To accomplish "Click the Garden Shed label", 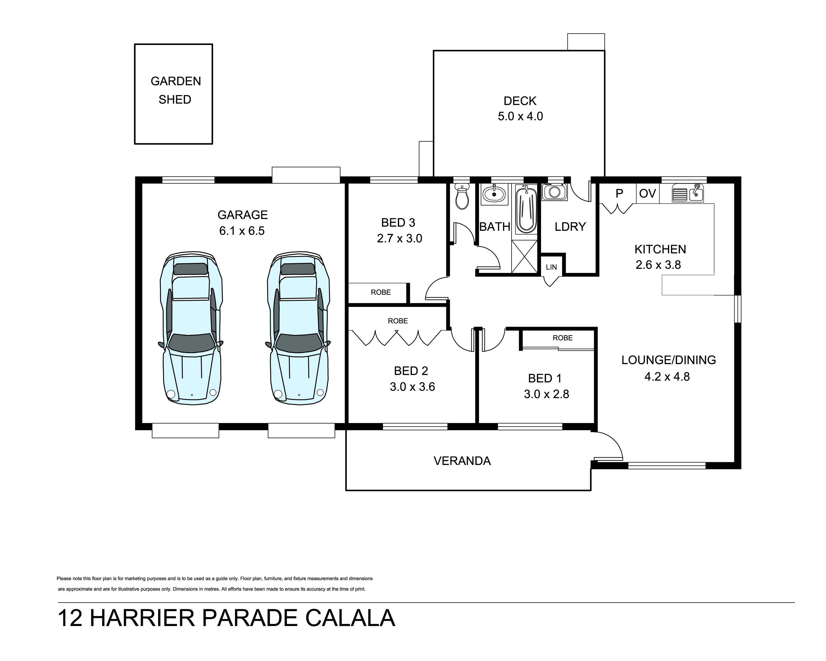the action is point(175,90).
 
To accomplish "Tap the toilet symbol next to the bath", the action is point(462,196).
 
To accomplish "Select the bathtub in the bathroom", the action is point(526,209).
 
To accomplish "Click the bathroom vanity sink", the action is point(494,194).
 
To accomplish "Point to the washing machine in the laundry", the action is point(554,192).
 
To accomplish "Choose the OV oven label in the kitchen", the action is point(648,194).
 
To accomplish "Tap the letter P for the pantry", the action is point(619,194).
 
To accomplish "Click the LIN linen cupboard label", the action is point(551,267).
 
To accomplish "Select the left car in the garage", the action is point(191,328).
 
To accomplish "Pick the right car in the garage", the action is point(298,328).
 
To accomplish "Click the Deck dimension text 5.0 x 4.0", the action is point(520,116).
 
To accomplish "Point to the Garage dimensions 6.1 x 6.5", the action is point(242,231).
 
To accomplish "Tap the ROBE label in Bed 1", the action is point(563,338).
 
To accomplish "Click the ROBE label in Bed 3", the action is point(381,292).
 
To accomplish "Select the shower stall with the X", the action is point(525,256).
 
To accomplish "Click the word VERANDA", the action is point(462,460).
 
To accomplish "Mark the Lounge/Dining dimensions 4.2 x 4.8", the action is point(667,377).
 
